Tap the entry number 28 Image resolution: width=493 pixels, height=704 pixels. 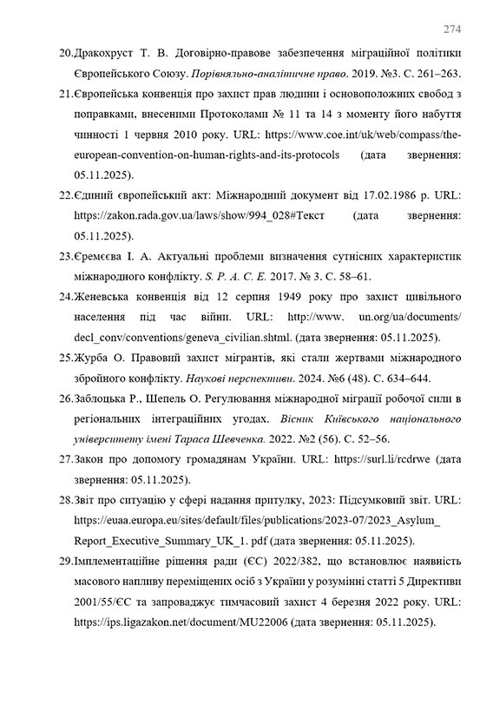click(x=66, y=499)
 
